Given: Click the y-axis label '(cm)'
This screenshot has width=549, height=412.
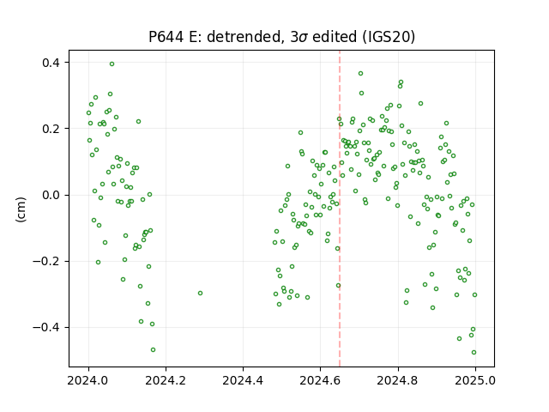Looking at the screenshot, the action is tap(21, 209).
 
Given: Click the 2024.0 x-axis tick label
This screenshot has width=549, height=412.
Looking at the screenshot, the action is tap(88, 380).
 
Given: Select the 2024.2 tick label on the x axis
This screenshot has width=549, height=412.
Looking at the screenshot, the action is tap(166, 380).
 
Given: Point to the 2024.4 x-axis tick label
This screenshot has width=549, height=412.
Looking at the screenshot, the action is tap(243, 380).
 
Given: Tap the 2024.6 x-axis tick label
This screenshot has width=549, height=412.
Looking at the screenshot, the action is tap(320, 380).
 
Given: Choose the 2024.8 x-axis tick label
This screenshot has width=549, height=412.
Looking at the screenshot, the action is tap(398, 380).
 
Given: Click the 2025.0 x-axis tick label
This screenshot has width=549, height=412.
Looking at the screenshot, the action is tap(475, 380).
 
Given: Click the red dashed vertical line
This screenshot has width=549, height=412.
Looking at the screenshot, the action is tap(340, 209).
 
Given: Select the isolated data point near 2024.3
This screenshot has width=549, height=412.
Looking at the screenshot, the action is tap(200, 293).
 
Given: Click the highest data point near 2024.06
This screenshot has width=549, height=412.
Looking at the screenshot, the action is tap(112, 64).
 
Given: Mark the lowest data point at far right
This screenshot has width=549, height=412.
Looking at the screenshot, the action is tap(474, 353).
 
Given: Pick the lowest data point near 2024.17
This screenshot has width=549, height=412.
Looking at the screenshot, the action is tap(153, 349).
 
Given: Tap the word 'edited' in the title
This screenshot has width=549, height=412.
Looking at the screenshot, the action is tap(335, 37).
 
